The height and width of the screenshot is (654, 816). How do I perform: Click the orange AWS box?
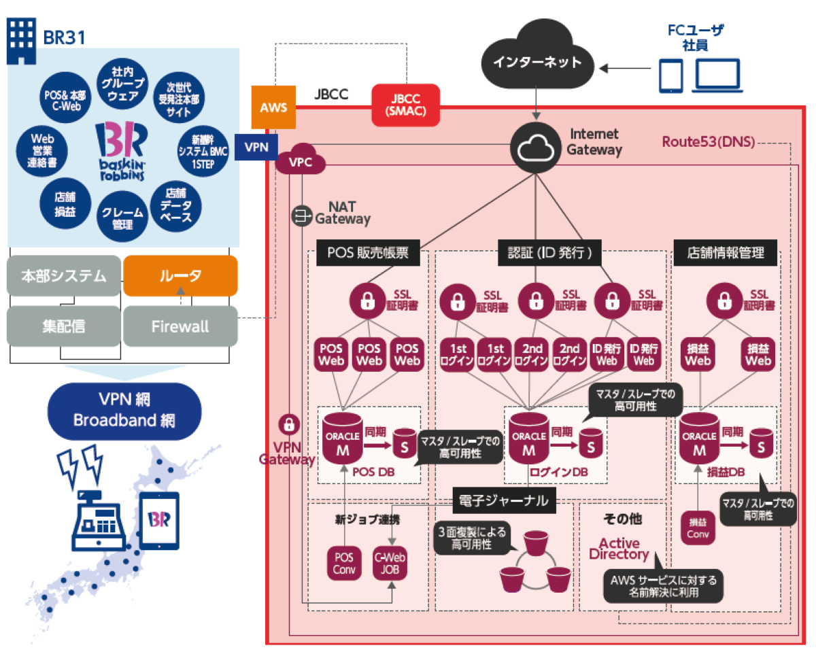pos(273,107)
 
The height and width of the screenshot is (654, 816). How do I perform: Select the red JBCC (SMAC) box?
pos(405,105)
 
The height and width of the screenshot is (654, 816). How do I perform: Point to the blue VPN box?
pos(256,147)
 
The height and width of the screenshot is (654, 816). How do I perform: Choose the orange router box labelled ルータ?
pos(180,275)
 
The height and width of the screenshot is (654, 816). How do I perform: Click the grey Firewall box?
pos(180,326)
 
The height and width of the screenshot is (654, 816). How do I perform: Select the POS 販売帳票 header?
pos(368,254)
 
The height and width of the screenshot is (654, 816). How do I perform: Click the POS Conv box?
pos(343,562)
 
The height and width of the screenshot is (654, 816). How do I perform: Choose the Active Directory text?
pos(619,549)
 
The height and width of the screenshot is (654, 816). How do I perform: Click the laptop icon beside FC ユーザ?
pos(717,76)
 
